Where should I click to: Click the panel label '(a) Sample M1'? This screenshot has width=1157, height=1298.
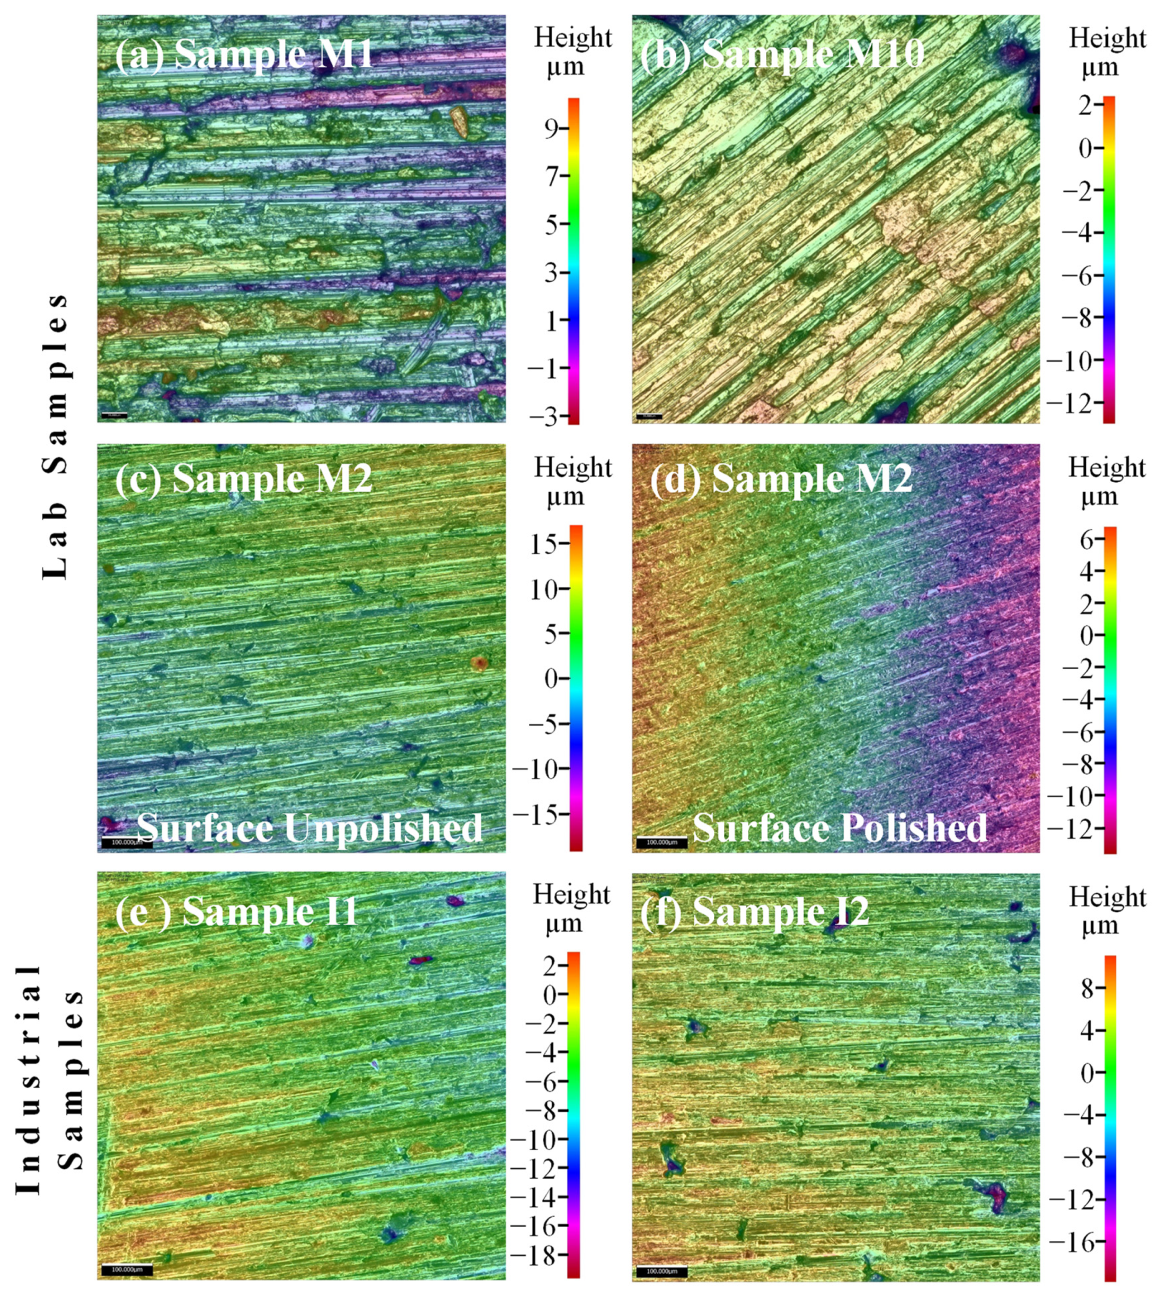tap(245, 55)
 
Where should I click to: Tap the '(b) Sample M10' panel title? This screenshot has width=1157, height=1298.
tap(782, 54)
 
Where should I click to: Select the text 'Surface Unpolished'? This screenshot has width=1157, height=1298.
tap(310, 828)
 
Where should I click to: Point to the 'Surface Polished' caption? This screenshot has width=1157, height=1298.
tap(839, 828)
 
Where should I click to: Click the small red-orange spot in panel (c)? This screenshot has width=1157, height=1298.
tap(479, 663)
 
